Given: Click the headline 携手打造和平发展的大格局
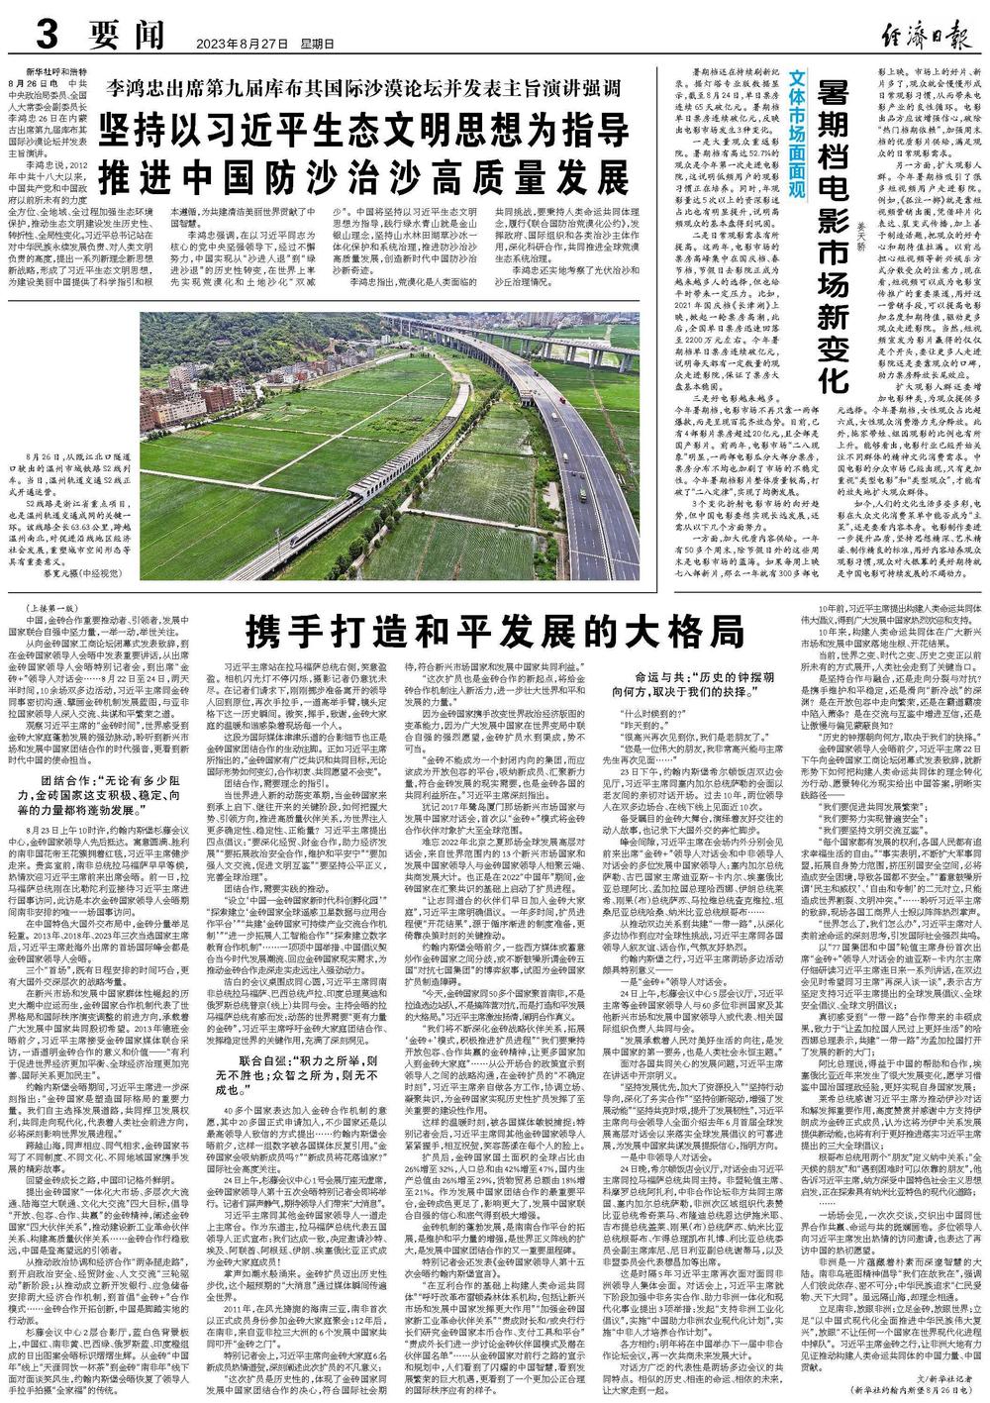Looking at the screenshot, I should point(495,628).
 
